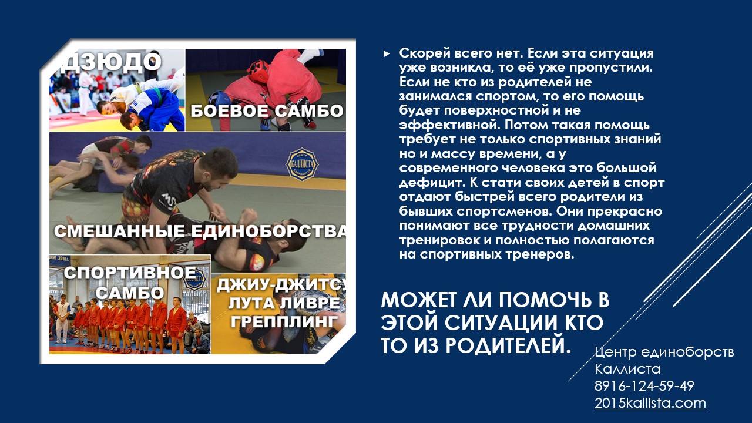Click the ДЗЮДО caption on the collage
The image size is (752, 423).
pos(110,62)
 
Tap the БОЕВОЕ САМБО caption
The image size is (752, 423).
pos(267,111)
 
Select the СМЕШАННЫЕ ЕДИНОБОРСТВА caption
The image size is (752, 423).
pos(200,231)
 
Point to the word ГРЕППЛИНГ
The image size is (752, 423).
pos(284,321)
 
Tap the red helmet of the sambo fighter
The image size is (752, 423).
pos(258,70)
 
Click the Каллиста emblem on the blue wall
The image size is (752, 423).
pos(302,164)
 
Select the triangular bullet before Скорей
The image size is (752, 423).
pos(387,53)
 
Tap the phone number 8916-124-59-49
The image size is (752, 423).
pos(644,386)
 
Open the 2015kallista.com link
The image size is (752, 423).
pos(650,403)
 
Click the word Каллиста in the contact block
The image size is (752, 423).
pos(627,369)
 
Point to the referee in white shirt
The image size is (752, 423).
pos(62,319)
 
